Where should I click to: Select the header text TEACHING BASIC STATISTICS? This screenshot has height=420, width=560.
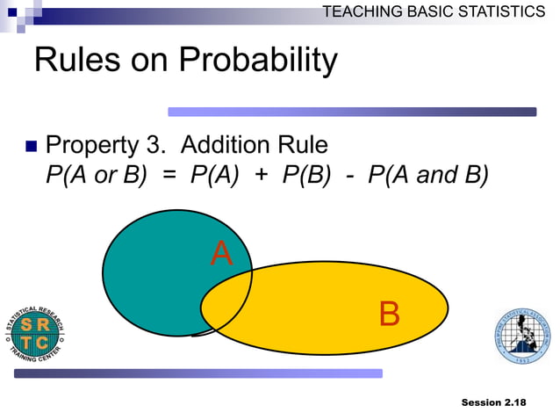pos(434,11)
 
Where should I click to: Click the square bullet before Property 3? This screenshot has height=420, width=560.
pos(31,145)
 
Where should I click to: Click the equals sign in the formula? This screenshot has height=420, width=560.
pos(169,174)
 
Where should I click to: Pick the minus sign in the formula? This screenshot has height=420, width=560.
pos(349,174)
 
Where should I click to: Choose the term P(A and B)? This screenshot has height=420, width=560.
pos(428,174)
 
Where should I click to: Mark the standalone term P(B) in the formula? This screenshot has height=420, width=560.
pos(306,174)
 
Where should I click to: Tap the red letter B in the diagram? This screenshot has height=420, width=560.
pos(389,314)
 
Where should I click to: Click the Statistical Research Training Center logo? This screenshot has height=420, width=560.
pos(36,335)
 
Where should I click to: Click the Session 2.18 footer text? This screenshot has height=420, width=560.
pos(493,402)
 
